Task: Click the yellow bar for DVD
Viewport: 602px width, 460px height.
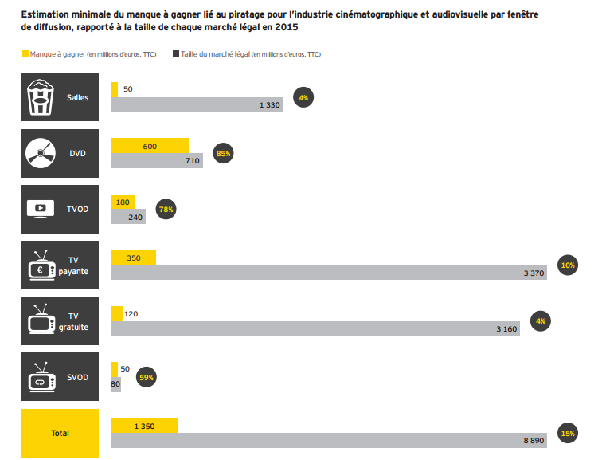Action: click(150, 145)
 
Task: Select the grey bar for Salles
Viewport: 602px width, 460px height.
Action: click(196, 104)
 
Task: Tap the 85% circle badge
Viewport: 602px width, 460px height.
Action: click(224, 153)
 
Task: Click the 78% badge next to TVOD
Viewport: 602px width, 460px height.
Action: click(166, 209)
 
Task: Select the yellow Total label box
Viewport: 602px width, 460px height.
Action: click(60, 433)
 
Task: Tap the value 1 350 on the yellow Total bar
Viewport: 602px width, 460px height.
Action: click(144, 426)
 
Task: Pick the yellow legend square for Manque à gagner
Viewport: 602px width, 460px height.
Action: click(24, 54)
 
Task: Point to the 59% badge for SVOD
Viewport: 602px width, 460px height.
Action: click(145, 376)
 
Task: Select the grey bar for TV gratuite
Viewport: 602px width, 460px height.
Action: click(315, 328)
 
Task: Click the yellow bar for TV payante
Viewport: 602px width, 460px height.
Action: click(133, 258)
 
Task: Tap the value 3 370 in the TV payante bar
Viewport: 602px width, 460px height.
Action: click(533, 273)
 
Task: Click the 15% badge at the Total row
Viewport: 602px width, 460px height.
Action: click(568, 433)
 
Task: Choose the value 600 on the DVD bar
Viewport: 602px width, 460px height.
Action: click(150, 146)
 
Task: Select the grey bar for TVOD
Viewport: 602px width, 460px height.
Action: click(127, 217)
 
